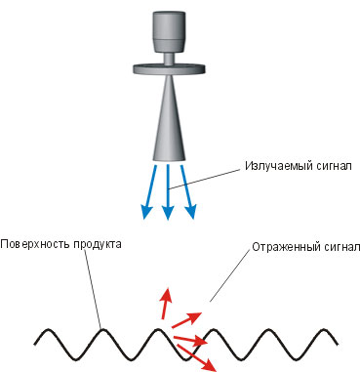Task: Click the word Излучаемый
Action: [x=279, y=166]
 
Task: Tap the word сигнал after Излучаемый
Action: [x=334, y=166]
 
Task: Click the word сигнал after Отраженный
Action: [x=341, y=247]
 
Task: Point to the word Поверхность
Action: [x=34, y=244]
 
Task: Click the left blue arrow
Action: [x=149, y=191]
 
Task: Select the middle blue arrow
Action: [x=168, y=192]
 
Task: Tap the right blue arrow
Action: [x=187, y=191]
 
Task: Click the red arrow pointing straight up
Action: [x=166, y=304]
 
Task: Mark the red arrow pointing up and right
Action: [x=186, y=319]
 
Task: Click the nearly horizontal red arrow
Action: [x=190, y=341]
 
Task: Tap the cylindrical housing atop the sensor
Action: [x=169, y=31]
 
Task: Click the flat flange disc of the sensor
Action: [x=170, y=68]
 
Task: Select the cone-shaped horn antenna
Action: [x=169, y=118]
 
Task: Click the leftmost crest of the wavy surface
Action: [x=48, y=330]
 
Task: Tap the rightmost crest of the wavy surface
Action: [x=325, y=330]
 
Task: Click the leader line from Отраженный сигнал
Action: [x=230, y=276]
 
